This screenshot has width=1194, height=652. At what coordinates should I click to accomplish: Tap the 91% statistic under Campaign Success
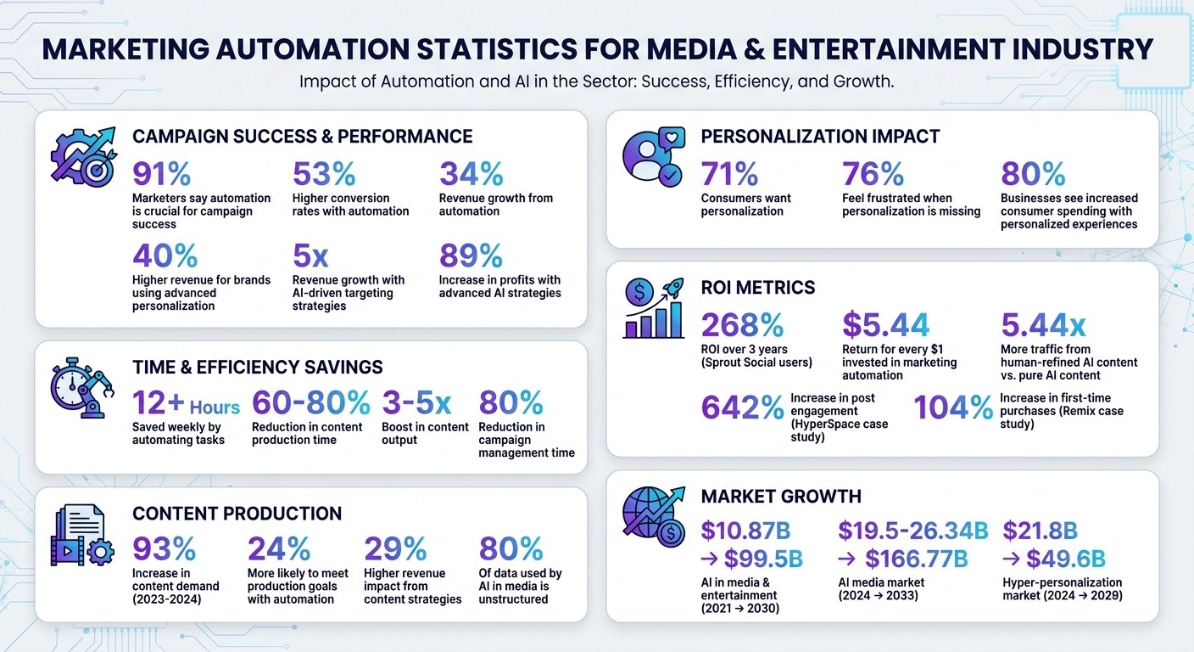point(162,174)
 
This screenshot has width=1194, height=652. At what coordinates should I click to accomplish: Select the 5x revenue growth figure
point(310,256)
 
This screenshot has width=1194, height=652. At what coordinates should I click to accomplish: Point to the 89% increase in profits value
point(471,256)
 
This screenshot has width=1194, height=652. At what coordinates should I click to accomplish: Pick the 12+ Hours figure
point(186,403)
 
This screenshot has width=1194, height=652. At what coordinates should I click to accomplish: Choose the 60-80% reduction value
point(310,403)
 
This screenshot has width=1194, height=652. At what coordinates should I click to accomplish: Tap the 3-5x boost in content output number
point(416,403)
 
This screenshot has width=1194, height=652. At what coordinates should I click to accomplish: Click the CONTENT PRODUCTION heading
point(237,514)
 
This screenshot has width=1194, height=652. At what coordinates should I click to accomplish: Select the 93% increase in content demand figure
point(164,549)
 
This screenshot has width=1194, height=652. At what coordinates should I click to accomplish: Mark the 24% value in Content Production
point(278,549)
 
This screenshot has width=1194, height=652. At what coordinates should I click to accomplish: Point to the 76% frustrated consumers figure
point(873,174)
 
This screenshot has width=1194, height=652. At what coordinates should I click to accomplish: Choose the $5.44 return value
point(885,325)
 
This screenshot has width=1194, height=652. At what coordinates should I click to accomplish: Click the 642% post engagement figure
point(742,408)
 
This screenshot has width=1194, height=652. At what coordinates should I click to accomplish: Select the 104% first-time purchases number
point(952,408)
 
